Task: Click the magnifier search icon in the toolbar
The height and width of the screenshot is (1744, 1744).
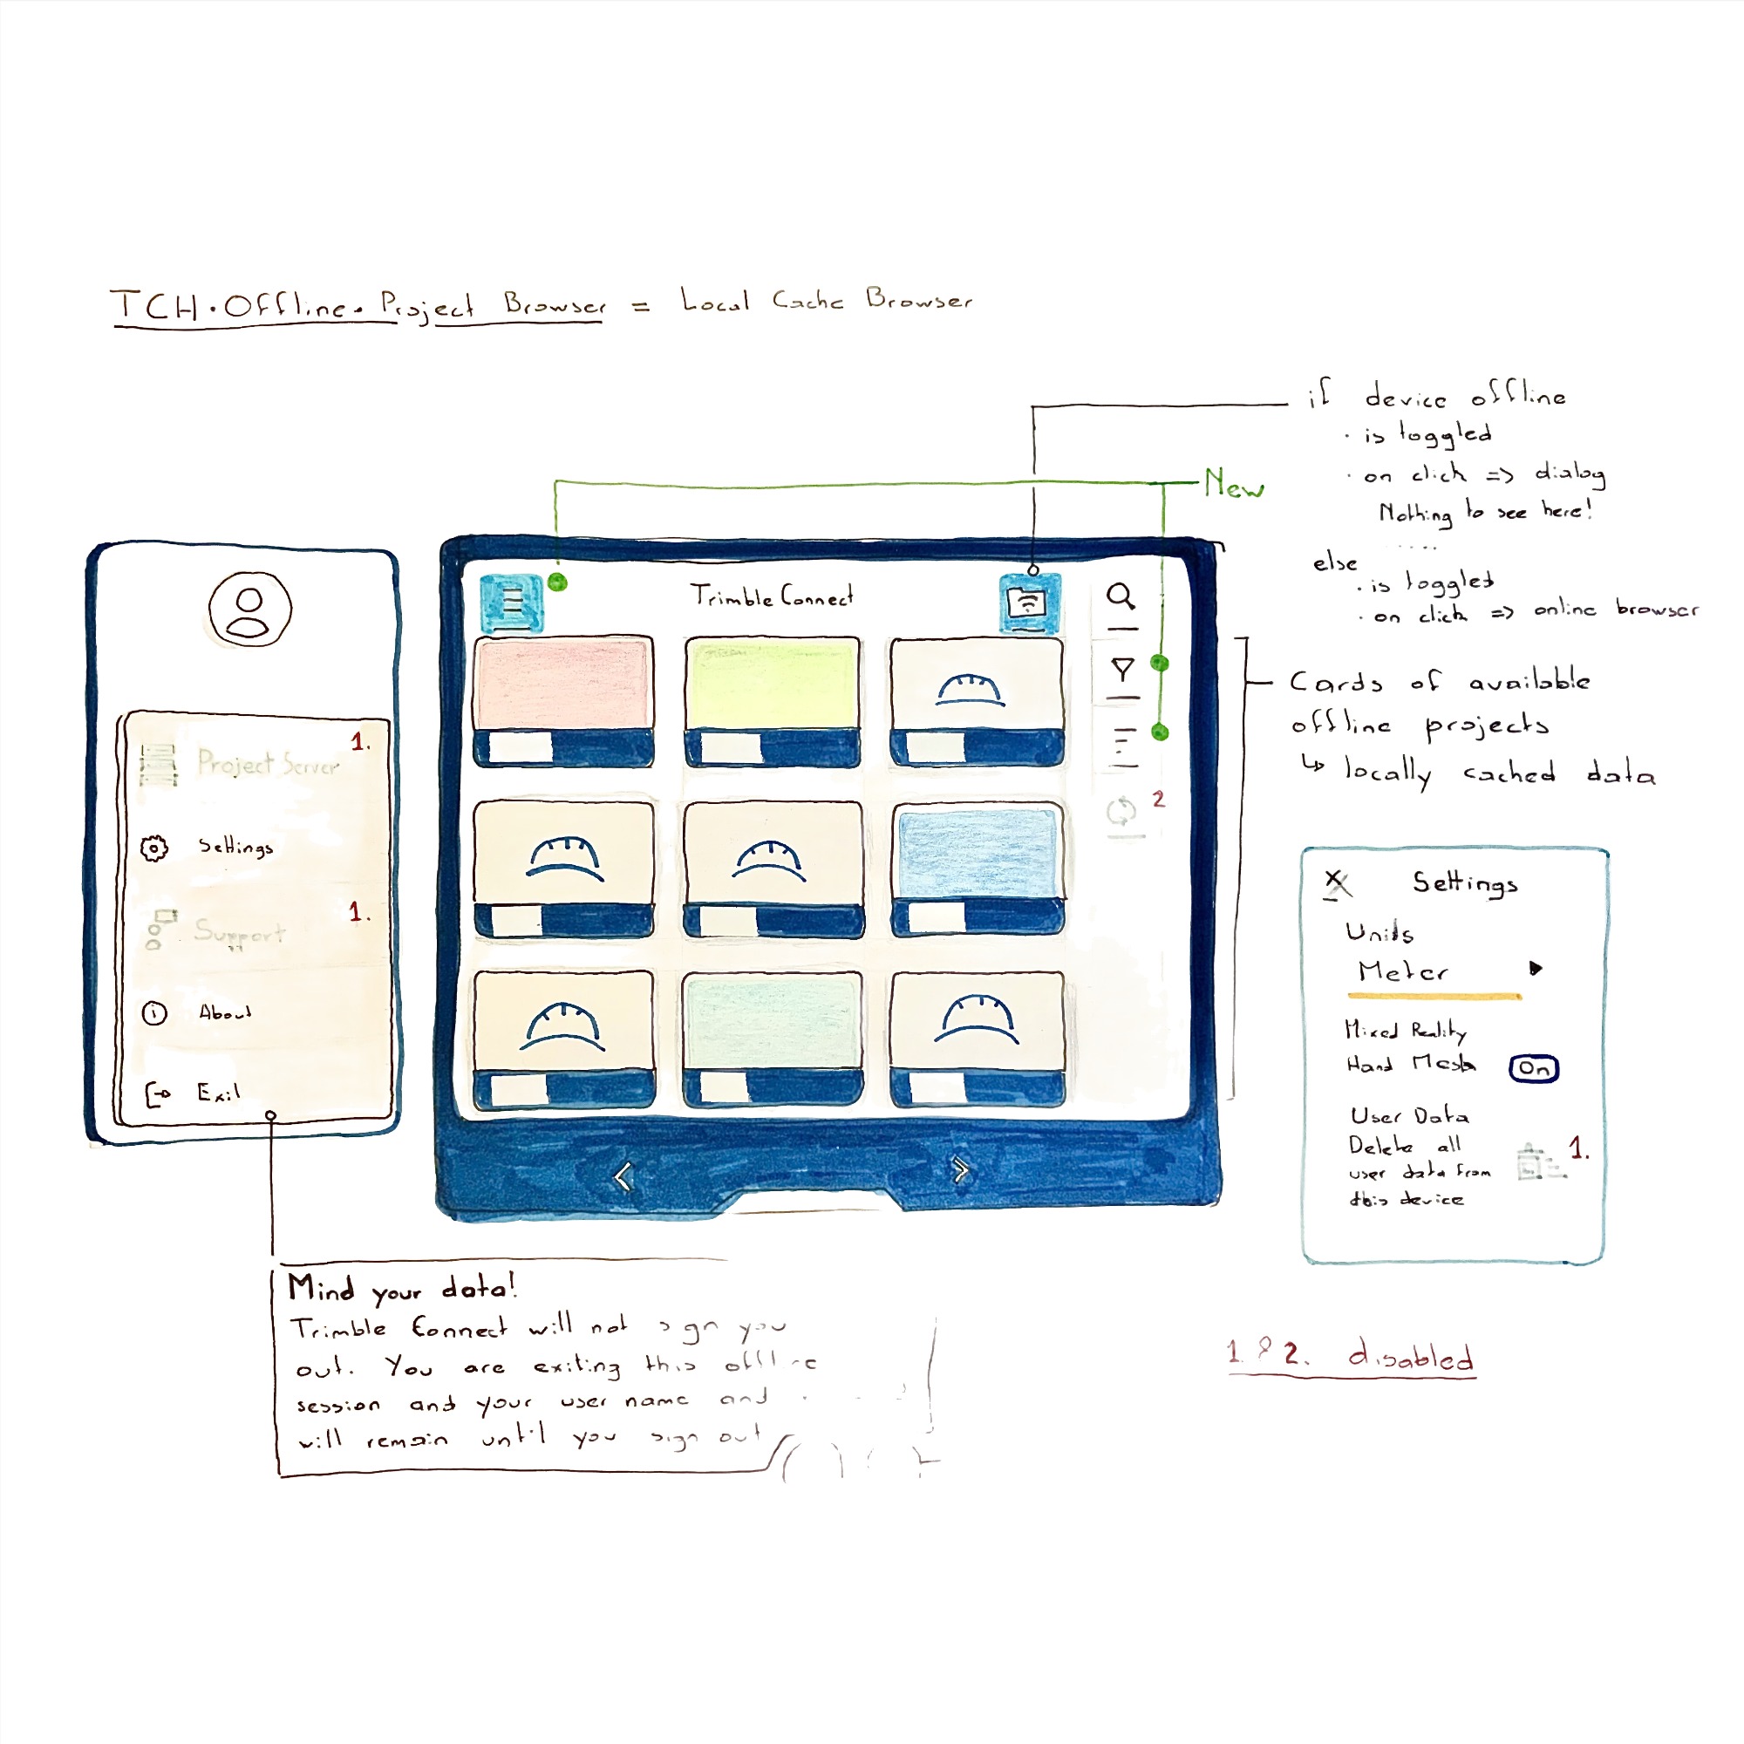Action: [1121, 596]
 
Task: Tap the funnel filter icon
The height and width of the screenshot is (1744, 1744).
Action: [1122, 670]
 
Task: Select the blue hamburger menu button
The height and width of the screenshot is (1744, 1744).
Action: [512, 602]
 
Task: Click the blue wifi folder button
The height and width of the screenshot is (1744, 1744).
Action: [1029, 602]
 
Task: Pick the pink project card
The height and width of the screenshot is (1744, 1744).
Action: [563, 685]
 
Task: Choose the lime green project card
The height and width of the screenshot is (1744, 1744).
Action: [772, 684]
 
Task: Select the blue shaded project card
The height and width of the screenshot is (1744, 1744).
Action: [978, 853]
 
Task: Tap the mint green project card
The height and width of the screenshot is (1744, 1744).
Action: [772, 1020]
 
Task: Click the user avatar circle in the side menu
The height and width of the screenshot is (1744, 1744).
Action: [250, 610]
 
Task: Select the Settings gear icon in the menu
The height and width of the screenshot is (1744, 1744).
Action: [154, 848]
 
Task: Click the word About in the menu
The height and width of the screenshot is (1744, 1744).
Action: [225, 1012]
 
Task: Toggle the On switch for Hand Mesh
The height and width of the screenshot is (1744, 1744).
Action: [1534, 1068]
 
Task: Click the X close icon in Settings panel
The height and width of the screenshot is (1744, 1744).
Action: [1336, 882]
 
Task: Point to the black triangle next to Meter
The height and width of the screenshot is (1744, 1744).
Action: [1536, 969]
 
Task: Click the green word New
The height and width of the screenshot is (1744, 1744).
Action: [1233, 485]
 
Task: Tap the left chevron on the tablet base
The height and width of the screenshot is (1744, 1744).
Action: [623, 1176]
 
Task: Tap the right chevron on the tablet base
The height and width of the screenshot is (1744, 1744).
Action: [960, 1171]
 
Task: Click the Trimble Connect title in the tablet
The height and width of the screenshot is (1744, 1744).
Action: [772, 596]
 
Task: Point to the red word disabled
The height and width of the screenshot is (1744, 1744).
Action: [1412, 1356]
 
